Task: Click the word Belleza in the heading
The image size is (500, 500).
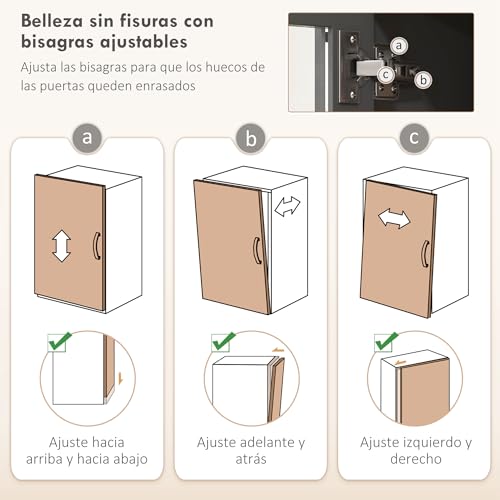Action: [x=54, y=22]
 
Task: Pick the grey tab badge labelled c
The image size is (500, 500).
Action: [x=412, y=138]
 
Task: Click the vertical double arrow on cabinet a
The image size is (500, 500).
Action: [x=61, y=245]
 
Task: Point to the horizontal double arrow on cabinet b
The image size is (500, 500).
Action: [x=287, y=207]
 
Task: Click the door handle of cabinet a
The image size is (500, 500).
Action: [x=96, y=246]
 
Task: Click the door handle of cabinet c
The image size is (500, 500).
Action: [x=427, y=254]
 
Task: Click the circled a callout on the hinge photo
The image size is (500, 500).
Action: [x=399, y=45]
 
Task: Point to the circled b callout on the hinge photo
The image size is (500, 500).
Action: [x=423, y=79]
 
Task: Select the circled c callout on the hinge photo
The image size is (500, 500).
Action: [x=385, y=71]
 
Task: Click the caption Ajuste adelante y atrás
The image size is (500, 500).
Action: [x=250, y=450]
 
